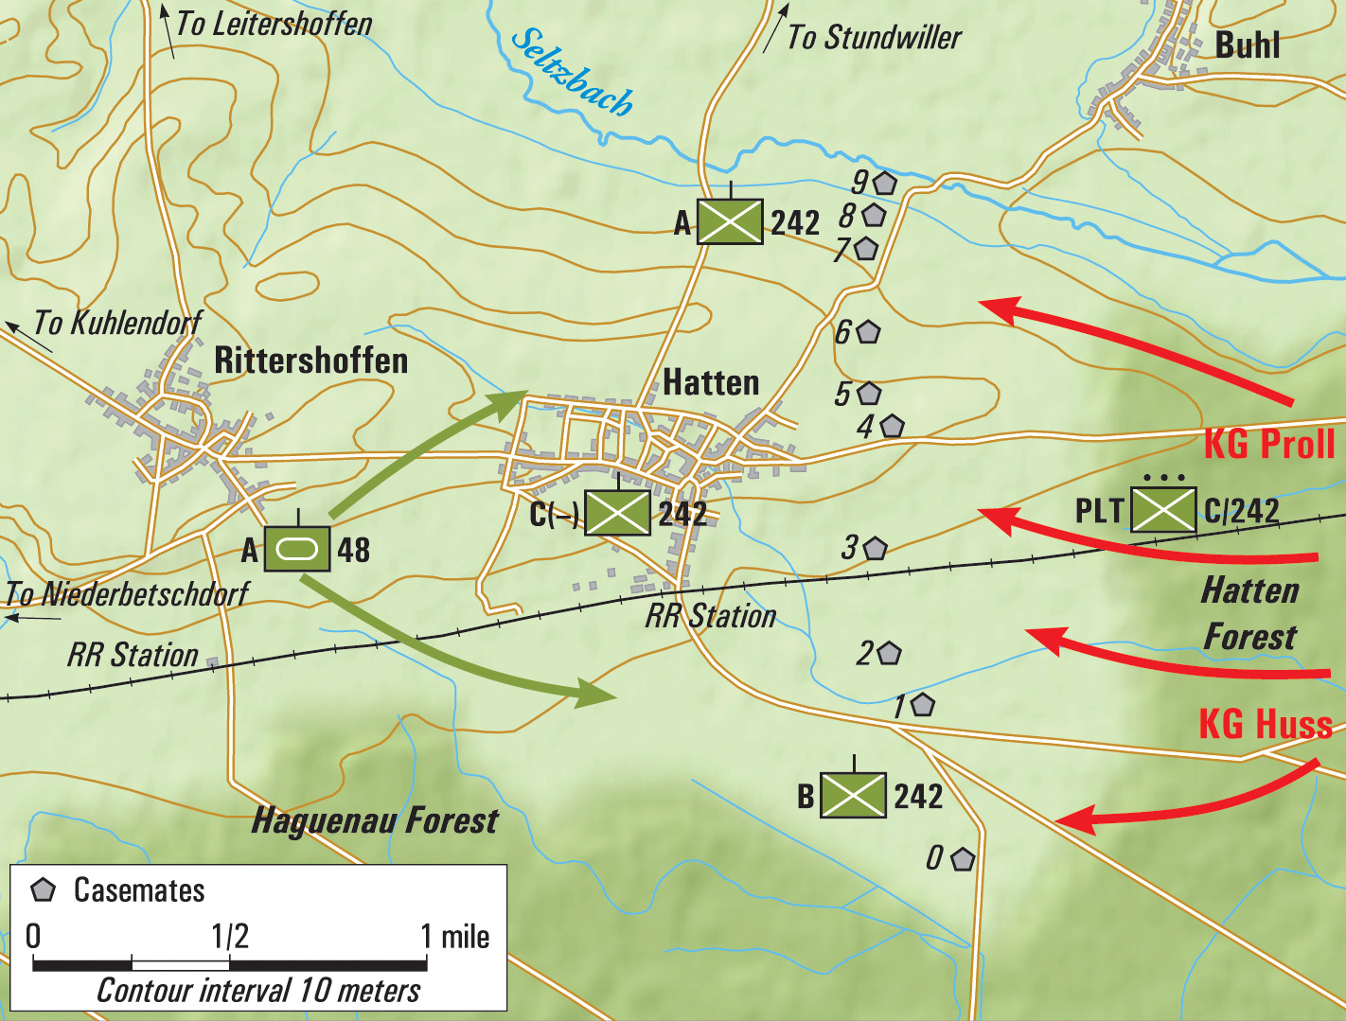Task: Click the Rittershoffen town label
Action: click(x=310, y=361)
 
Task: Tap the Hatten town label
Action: click(x=711, y=382)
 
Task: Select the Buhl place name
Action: click(x=1247, y=45)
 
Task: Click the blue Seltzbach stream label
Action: click(x=572, y=72)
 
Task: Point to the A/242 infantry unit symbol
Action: click(x=730, y=221)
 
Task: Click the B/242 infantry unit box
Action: click(x=853, y=795)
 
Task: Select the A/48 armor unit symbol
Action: click(x=297, y=549)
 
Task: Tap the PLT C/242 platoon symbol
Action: click(x=1163, y=511)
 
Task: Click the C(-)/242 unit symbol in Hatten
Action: click(x=617, y=513)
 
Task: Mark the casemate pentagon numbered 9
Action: click(x=885, y=183)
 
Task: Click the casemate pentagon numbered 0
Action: click(x=963, y=859)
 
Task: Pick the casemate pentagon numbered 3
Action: click(x=876, y=548)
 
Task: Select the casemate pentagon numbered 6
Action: click(x=869, y=332)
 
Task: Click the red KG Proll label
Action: click(x=1268, y=444)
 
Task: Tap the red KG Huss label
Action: click(x=1265, y=724)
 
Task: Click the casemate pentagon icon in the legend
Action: click(x=44, y=890)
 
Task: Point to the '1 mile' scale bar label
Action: click(x=455, y=937)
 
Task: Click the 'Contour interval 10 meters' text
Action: click(x=258, y=991)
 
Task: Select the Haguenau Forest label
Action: click(x=374, y=820)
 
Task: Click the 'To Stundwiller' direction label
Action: click(x=874, y=38)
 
